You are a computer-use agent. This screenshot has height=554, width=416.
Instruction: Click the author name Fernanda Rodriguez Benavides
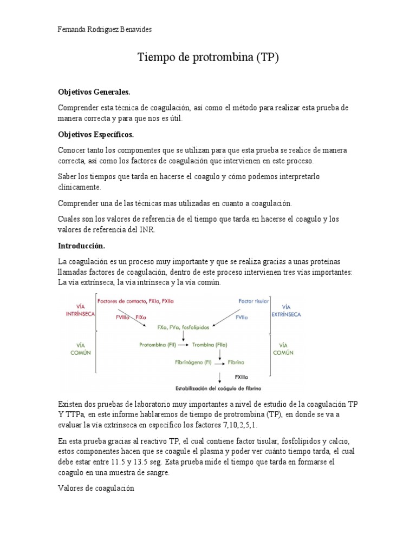pos(105,30)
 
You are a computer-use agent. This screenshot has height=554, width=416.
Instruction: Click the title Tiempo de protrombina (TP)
pos(208,57)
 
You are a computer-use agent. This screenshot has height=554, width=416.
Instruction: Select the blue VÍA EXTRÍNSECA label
pos(287,310)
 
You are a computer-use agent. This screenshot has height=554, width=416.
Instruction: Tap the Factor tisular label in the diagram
pos(253,301)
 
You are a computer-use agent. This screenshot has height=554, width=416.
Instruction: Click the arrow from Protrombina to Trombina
pos(183,344)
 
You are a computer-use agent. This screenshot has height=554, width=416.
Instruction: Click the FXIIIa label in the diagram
pos(242,376)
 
